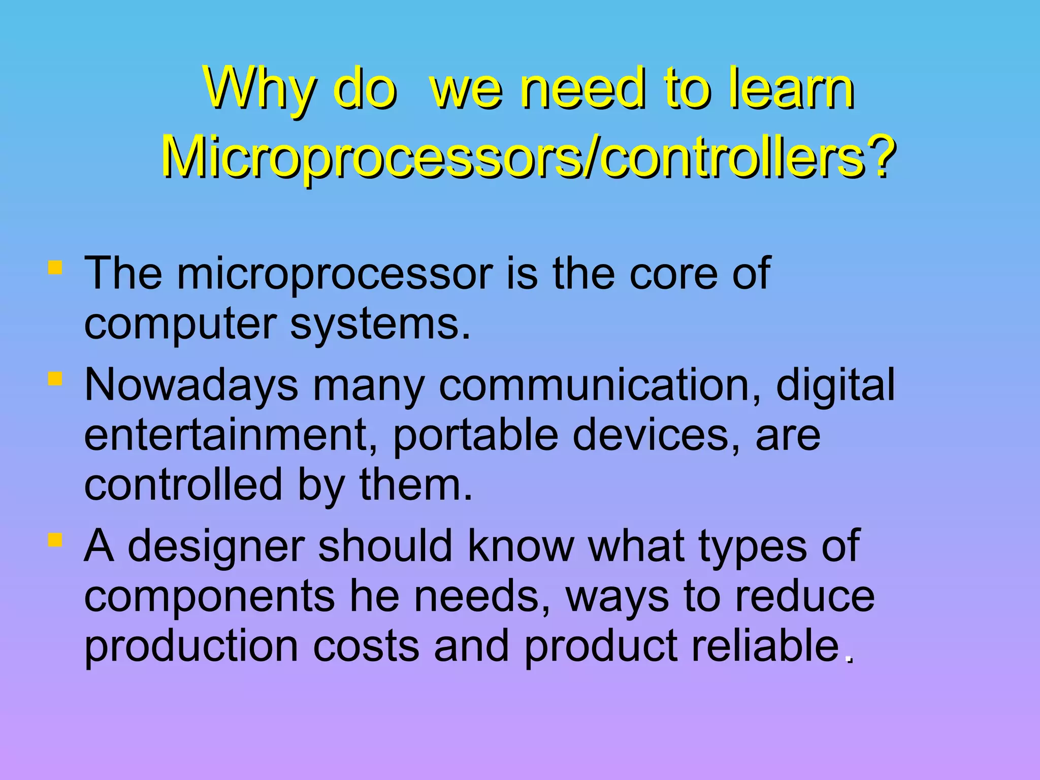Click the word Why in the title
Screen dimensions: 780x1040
[x=258, y=89]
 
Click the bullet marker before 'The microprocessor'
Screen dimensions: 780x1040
[x=55, y=268]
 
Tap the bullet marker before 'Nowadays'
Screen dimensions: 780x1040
[x=55, y=379]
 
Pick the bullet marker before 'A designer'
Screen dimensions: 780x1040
[x=55, y=540]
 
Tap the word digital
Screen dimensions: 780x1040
[x=835, y=385]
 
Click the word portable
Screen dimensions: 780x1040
[x=475, y=435]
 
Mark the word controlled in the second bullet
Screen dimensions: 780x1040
[x=183, y=485]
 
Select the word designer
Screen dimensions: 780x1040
[x=215, y=546]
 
